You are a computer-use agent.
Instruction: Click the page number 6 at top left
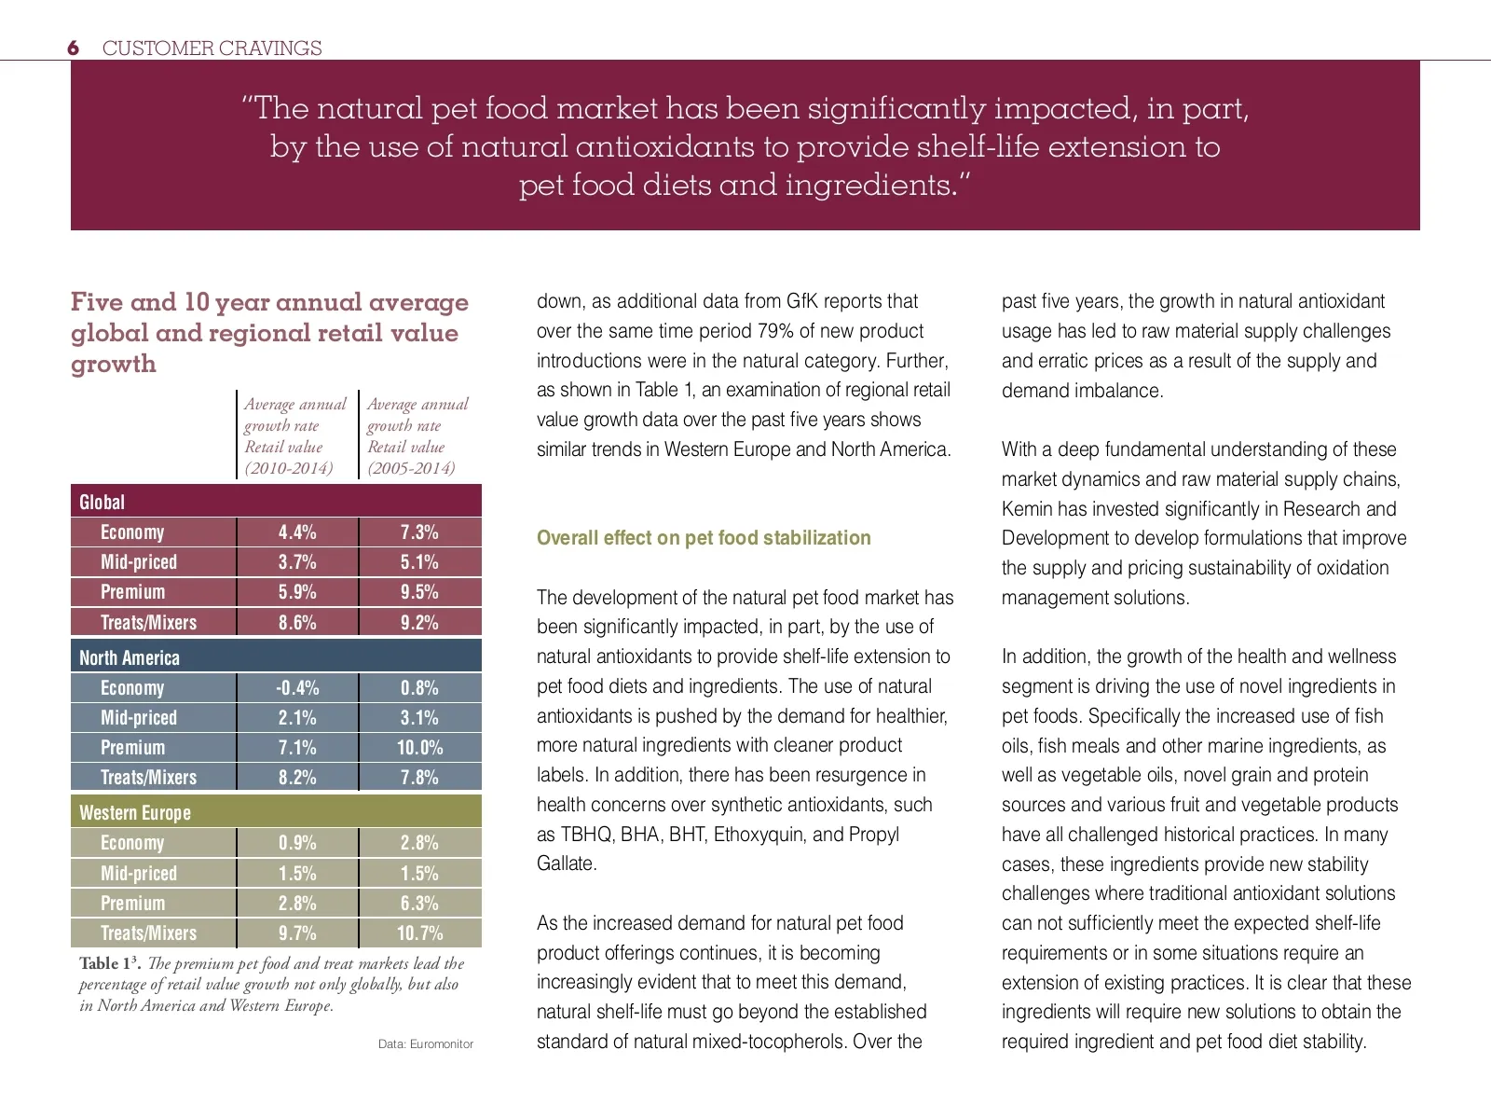click(74, 48)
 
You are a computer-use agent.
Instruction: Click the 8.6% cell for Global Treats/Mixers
click(297, 622)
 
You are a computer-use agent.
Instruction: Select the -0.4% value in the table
click(297, 688)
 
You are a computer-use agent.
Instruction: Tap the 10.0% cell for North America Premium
click(419, 748)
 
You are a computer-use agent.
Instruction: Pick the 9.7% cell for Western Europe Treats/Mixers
click(297, 932)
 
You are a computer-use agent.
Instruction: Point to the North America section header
click(130, 657)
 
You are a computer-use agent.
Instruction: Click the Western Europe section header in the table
click(135, 812)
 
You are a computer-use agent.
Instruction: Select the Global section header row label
click(102, 502)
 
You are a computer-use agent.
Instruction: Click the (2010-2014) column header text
click(289, 468)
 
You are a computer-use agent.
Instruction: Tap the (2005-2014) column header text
click(411, 468)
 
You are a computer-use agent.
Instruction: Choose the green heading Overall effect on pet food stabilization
click(704, 538)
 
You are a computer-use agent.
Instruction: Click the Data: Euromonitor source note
click(426, 1043)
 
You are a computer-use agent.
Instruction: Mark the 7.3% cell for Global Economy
click(419, 532)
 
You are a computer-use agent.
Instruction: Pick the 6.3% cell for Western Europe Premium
click(419, 903)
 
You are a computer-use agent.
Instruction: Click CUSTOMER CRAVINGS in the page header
click(212, 48)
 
